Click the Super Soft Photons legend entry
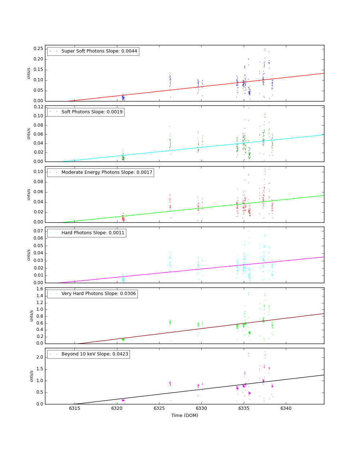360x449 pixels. coord(93,51)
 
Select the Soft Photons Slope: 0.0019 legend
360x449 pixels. coord(86,112)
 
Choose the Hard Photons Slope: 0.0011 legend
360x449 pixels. coord(87,233)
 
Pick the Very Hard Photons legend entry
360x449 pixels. coord(93,294)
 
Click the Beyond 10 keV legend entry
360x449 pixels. coord(89,354)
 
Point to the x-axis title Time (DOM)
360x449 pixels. coord(185,416)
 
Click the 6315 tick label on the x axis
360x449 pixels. coord(75,408)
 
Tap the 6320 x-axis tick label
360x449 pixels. coord(117,408)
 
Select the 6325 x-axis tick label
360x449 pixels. coord(159,408)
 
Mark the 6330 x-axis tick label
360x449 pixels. coord(201,408)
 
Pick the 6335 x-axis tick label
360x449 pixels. coord(244,408)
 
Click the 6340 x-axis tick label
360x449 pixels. coord(286,408)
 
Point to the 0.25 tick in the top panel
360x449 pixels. coord(38,49)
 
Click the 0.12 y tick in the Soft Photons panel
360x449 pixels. coord(38,107)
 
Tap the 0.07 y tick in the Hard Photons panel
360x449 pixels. coord(38,231)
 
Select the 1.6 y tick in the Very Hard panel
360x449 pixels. coord(40,289)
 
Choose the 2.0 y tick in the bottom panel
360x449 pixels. coord(40,357)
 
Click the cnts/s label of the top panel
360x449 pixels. coord(29,73)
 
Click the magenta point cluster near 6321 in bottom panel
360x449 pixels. coord(123,400)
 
